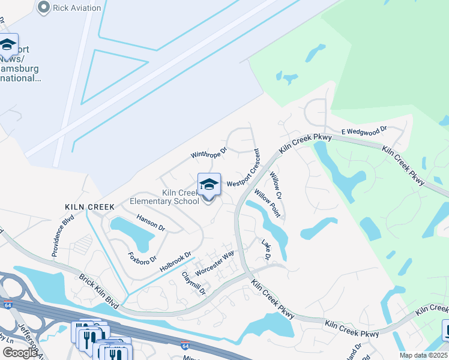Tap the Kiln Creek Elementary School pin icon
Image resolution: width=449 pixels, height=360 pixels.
pos(209,185)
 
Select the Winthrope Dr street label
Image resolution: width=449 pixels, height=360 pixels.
pos(209,154)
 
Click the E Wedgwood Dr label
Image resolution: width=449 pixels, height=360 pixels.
pos(364,130)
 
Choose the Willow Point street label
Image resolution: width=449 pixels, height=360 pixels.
pos(267,202)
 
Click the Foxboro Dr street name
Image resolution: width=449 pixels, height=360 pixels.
pos(142,257)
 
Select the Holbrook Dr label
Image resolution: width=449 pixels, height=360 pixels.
pos(175,262)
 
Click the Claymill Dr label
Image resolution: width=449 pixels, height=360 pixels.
pos(194,283)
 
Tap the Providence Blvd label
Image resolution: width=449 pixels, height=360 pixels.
pos(62,241)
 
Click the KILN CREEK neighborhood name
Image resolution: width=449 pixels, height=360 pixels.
pos(89,206)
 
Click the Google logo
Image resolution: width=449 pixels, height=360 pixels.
pos(20,353)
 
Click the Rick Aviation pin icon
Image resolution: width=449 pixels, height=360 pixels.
pos(43,7)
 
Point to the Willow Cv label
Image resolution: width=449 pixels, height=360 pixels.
pos(276,185)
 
